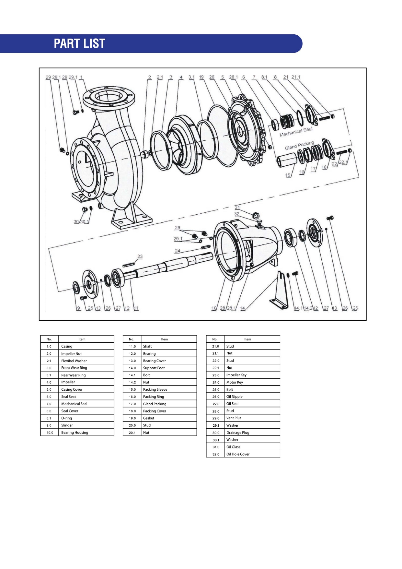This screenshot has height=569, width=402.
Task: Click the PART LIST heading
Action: [79, 43]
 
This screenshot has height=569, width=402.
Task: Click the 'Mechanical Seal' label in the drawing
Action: [296, 132]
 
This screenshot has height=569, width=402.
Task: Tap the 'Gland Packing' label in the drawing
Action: [299, 145]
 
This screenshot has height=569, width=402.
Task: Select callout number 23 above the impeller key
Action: [140, 256]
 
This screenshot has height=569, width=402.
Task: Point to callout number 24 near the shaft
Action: [178, 251]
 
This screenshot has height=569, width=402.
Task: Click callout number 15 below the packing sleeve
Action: [288, 175]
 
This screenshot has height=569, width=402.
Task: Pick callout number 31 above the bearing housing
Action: [237, 207]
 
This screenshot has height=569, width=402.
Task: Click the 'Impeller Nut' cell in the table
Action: [71, 354]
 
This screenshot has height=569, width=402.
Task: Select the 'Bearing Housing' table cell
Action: [75, 433]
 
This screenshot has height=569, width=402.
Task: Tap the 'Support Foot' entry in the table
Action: [154, 368]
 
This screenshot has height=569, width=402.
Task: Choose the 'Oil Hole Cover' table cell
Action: [238, 454]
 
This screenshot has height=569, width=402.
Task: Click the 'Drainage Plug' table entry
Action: [238, 433]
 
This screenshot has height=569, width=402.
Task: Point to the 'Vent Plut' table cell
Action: [234, 418]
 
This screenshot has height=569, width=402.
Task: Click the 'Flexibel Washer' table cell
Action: [74, 361]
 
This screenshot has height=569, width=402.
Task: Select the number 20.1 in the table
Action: [132, 433]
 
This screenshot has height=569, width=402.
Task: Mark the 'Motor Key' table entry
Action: [235, 382]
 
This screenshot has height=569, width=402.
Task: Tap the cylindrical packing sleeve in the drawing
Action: [287, 160]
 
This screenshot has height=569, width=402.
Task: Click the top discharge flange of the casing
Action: [109, 96]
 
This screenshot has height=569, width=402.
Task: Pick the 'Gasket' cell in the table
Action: [149, 418]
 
